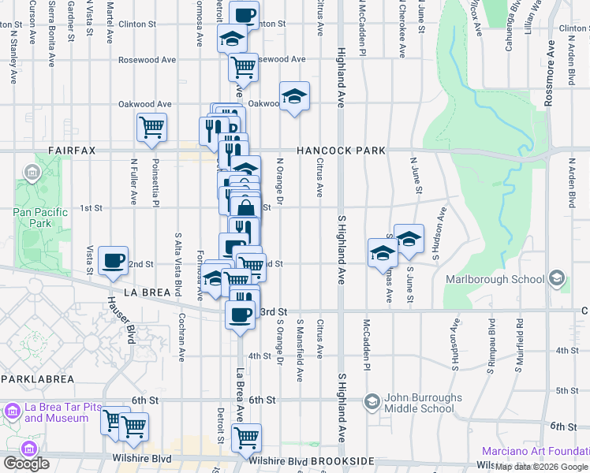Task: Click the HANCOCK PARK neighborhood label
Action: pos(341,151)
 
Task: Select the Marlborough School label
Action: pos(495,279)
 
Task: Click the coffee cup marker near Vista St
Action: pos(114,260)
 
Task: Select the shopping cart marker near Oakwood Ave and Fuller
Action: pos(151,128)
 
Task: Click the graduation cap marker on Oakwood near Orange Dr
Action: pos(294,97)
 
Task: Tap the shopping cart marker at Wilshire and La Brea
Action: pos(247,436)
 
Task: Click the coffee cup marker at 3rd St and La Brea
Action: pos(240,315)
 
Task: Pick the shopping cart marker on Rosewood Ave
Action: pos(243,67)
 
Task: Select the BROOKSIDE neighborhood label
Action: pos(342,460)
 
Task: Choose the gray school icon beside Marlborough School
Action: pos(557,278)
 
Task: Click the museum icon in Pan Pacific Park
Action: pos(32,172)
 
